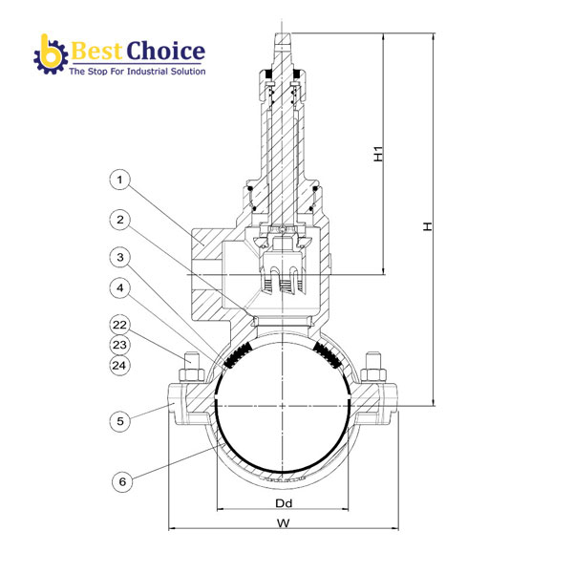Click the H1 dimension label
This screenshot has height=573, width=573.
(x=378, y=153)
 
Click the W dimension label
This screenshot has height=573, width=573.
(x=283, y=522)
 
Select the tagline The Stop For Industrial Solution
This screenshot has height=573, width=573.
(x=137, y=72)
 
